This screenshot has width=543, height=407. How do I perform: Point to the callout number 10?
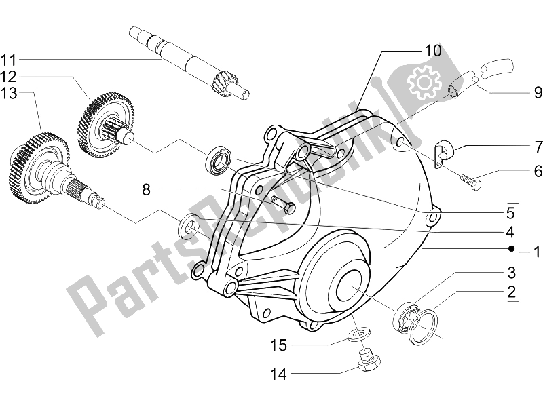[433, 50]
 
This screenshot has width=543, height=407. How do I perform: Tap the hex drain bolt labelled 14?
[369, 362]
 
